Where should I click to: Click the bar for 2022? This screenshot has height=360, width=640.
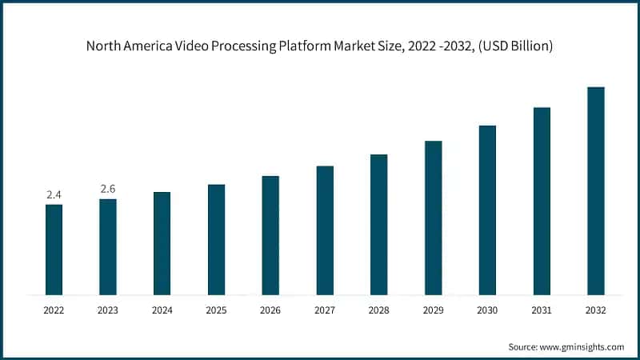point(54,250)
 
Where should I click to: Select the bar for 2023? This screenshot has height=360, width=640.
point(108,246)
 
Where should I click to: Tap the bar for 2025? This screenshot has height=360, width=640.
point(216,239)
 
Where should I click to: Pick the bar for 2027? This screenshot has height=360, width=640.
point(325,230)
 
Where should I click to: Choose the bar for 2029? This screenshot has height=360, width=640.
point(433,218)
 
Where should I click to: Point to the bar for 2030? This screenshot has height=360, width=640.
point(487,210)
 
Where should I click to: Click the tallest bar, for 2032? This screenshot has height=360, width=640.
point(596,190)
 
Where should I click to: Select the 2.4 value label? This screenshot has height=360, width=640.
point(54,194)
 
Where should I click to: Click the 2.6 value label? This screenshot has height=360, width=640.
point(108,189)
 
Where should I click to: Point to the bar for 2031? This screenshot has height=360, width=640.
point(542,201)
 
